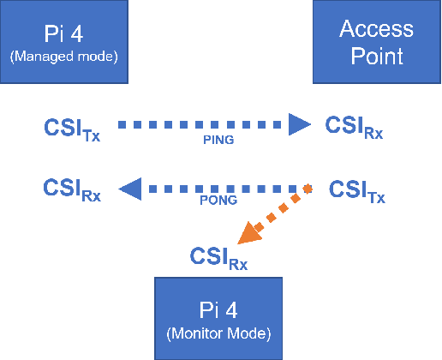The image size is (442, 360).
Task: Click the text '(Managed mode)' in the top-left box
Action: tap(63, 57)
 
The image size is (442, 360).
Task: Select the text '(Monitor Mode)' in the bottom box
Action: tap(219, 333)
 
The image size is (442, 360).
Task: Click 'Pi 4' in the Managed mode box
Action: tap(63, 34)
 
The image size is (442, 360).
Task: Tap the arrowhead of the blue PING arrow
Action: tap(299, 126)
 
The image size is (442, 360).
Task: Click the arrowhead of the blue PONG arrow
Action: tap(131, 189)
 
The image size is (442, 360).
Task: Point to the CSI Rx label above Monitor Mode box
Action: tap(218, 257)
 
